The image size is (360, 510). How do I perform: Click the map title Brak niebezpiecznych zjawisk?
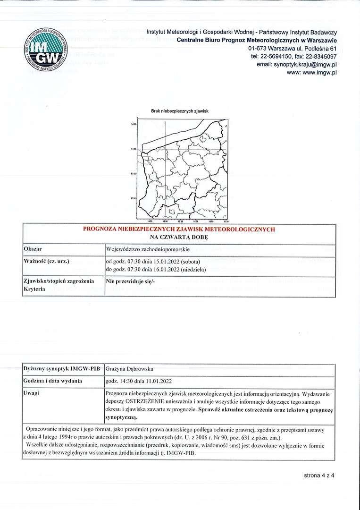(180, 111)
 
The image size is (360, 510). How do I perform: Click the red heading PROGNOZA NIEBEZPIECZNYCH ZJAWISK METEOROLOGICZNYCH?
(179, 229)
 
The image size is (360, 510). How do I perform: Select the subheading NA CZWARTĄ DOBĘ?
(179, 237)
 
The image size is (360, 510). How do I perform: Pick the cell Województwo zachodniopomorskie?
(148, 249)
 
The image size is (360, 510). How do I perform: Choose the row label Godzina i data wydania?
(52, 381)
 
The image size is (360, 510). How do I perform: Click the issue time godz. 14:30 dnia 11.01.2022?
(139, 381)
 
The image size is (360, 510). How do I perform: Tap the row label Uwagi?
(31, 393)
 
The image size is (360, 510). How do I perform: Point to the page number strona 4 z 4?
(319, 475)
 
